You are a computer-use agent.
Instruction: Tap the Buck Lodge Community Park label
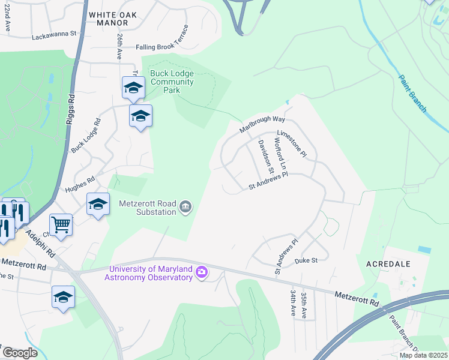point(172,82)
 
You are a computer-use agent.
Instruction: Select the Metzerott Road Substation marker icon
point(185,207)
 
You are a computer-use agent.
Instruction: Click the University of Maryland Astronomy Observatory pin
point(202,273)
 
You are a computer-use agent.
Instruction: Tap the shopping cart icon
point(61,226)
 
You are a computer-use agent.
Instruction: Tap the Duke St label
point(306,261)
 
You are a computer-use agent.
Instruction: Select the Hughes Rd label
point(80,184)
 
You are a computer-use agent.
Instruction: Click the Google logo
point(20,353)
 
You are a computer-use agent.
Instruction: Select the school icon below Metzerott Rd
point(63,298)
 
